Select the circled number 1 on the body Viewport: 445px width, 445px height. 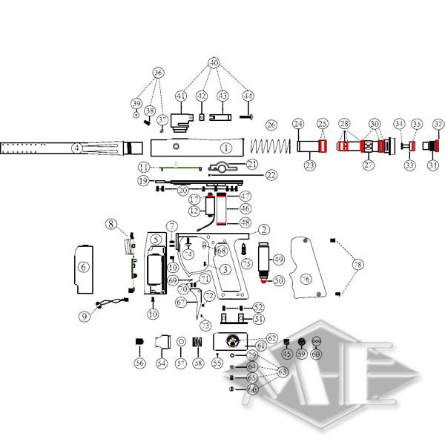coord(225,148)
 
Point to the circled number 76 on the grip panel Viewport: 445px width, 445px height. coord(306,278)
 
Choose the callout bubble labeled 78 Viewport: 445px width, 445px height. coord(358,265)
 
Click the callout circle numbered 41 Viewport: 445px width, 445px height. coord(180,96)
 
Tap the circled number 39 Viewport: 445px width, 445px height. coord(136,103)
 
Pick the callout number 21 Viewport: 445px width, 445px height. coord(252,164)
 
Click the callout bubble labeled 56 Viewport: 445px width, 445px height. coord(139,363)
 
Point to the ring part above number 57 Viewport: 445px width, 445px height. coord(180,341)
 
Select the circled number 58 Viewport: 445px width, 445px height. coord(197,363)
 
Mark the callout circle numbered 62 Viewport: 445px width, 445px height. coord(271,338)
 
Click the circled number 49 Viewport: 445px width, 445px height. coord(278,260)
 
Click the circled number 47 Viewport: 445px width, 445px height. coord(244,196)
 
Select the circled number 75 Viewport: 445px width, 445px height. coord(245,263)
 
